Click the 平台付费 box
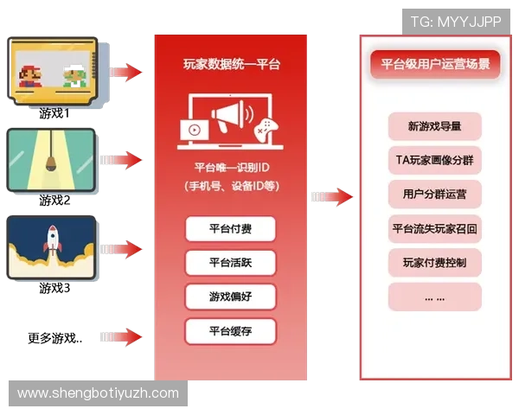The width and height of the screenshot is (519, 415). click(230, 229)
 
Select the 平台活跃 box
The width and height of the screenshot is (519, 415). click(230, 263)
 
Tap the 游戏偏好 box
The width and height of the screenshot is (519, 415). click(230, 297)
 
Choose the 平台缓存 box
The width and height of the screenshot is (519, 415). click(230, 331)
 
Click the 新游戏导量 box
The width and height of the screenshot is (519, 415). click(434, 126)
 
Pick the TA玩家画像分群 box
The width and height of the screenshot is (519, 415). click(434, 160)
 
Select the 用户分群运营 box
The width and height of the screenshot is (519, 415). click(434, 194)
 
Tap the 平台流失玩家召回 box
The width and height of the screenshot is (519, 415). click(434, 228)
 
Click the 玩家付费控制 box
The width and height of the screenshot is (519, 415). click(434, 262)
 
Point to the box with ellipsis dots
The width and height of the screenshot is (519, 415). click(434, 297)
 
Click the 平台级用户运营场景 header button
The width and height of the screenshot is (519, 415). click(435, 64)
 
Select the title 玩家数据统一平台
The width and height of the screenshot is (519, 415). click(231, 64)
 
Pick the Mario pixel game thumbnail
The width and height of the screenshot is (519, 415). click(53, 72)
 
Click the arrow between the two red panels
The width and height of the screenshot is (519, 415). click(332, 197)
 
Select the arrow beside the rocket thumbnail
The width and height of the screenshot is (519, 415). click(122, 249)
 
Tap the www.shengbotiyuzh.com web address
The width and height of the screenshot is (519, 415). click(99, 393)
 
